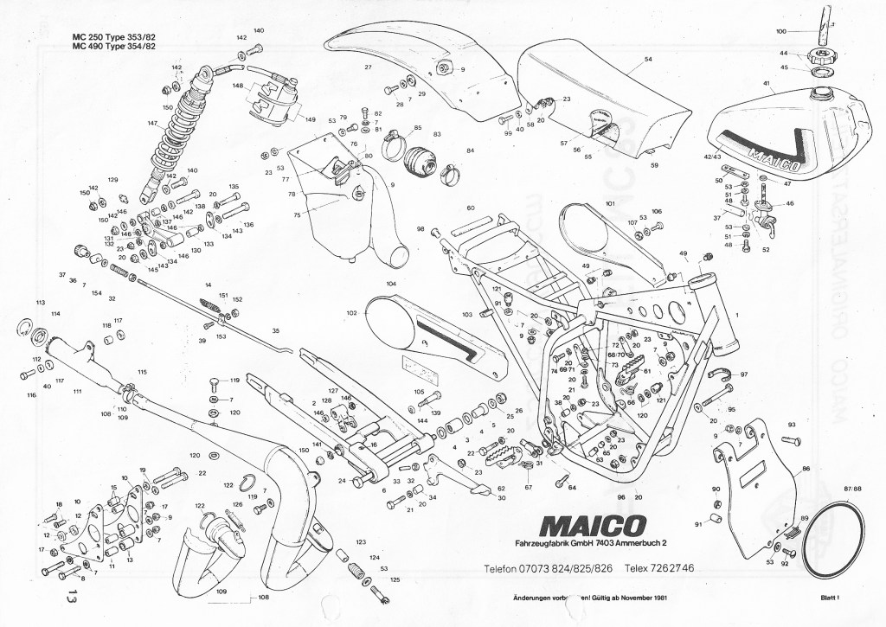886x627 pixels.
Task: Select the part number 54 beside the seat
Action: [648, 61]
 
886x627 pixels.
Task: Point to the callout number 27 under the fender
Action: [368, 67]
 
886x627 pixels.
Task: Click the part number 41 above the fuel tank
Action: [767, 83]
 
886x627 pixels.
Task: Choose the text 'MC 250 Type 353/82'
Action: [120, 36]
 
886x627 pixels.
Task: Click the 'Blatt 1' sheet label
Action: [832, 598]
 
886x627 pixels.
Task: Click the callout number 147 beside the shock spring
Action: [152, 124]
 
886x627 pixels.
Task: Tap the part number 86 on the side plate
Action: [806, 468]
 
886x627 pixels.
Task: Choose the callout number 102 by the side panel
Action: [350, 312]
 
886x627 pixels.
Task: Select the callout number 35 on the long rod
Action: [276, 331]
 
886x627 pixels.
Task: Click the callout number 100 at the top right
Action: [781, 31]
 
